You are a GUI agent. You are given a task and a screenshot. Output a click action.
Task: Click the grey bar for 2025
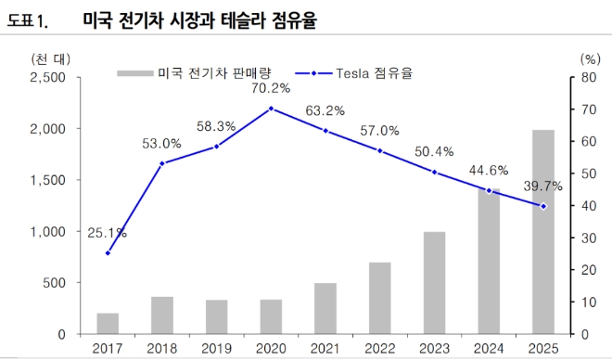point(543,232)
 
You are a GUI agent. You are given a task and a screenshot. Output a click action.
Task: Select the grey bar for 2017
point(108,324)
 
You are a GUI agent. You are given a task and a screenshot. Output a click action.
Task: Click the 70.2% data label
point(271,89)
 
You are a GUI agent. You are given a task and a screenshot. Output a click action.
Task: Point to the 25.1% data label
point(108,234)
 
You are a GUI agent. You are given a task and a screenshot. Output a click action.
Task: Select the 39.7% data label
point(543,186)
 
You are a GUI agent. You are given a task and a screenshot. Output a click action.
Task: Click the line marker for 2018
point(162,163)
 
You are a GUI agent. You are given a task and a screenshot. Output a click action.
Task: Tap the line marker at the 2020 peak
point(272,109)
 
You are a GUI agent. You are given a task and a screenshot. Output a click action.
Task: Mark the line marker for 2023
point(435,172)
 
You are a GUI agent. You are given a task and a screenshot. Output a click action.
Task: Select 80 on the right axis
point(588,78)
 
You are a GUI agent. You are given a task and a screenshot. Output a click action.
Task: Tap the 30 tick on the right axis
point(588,238)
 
